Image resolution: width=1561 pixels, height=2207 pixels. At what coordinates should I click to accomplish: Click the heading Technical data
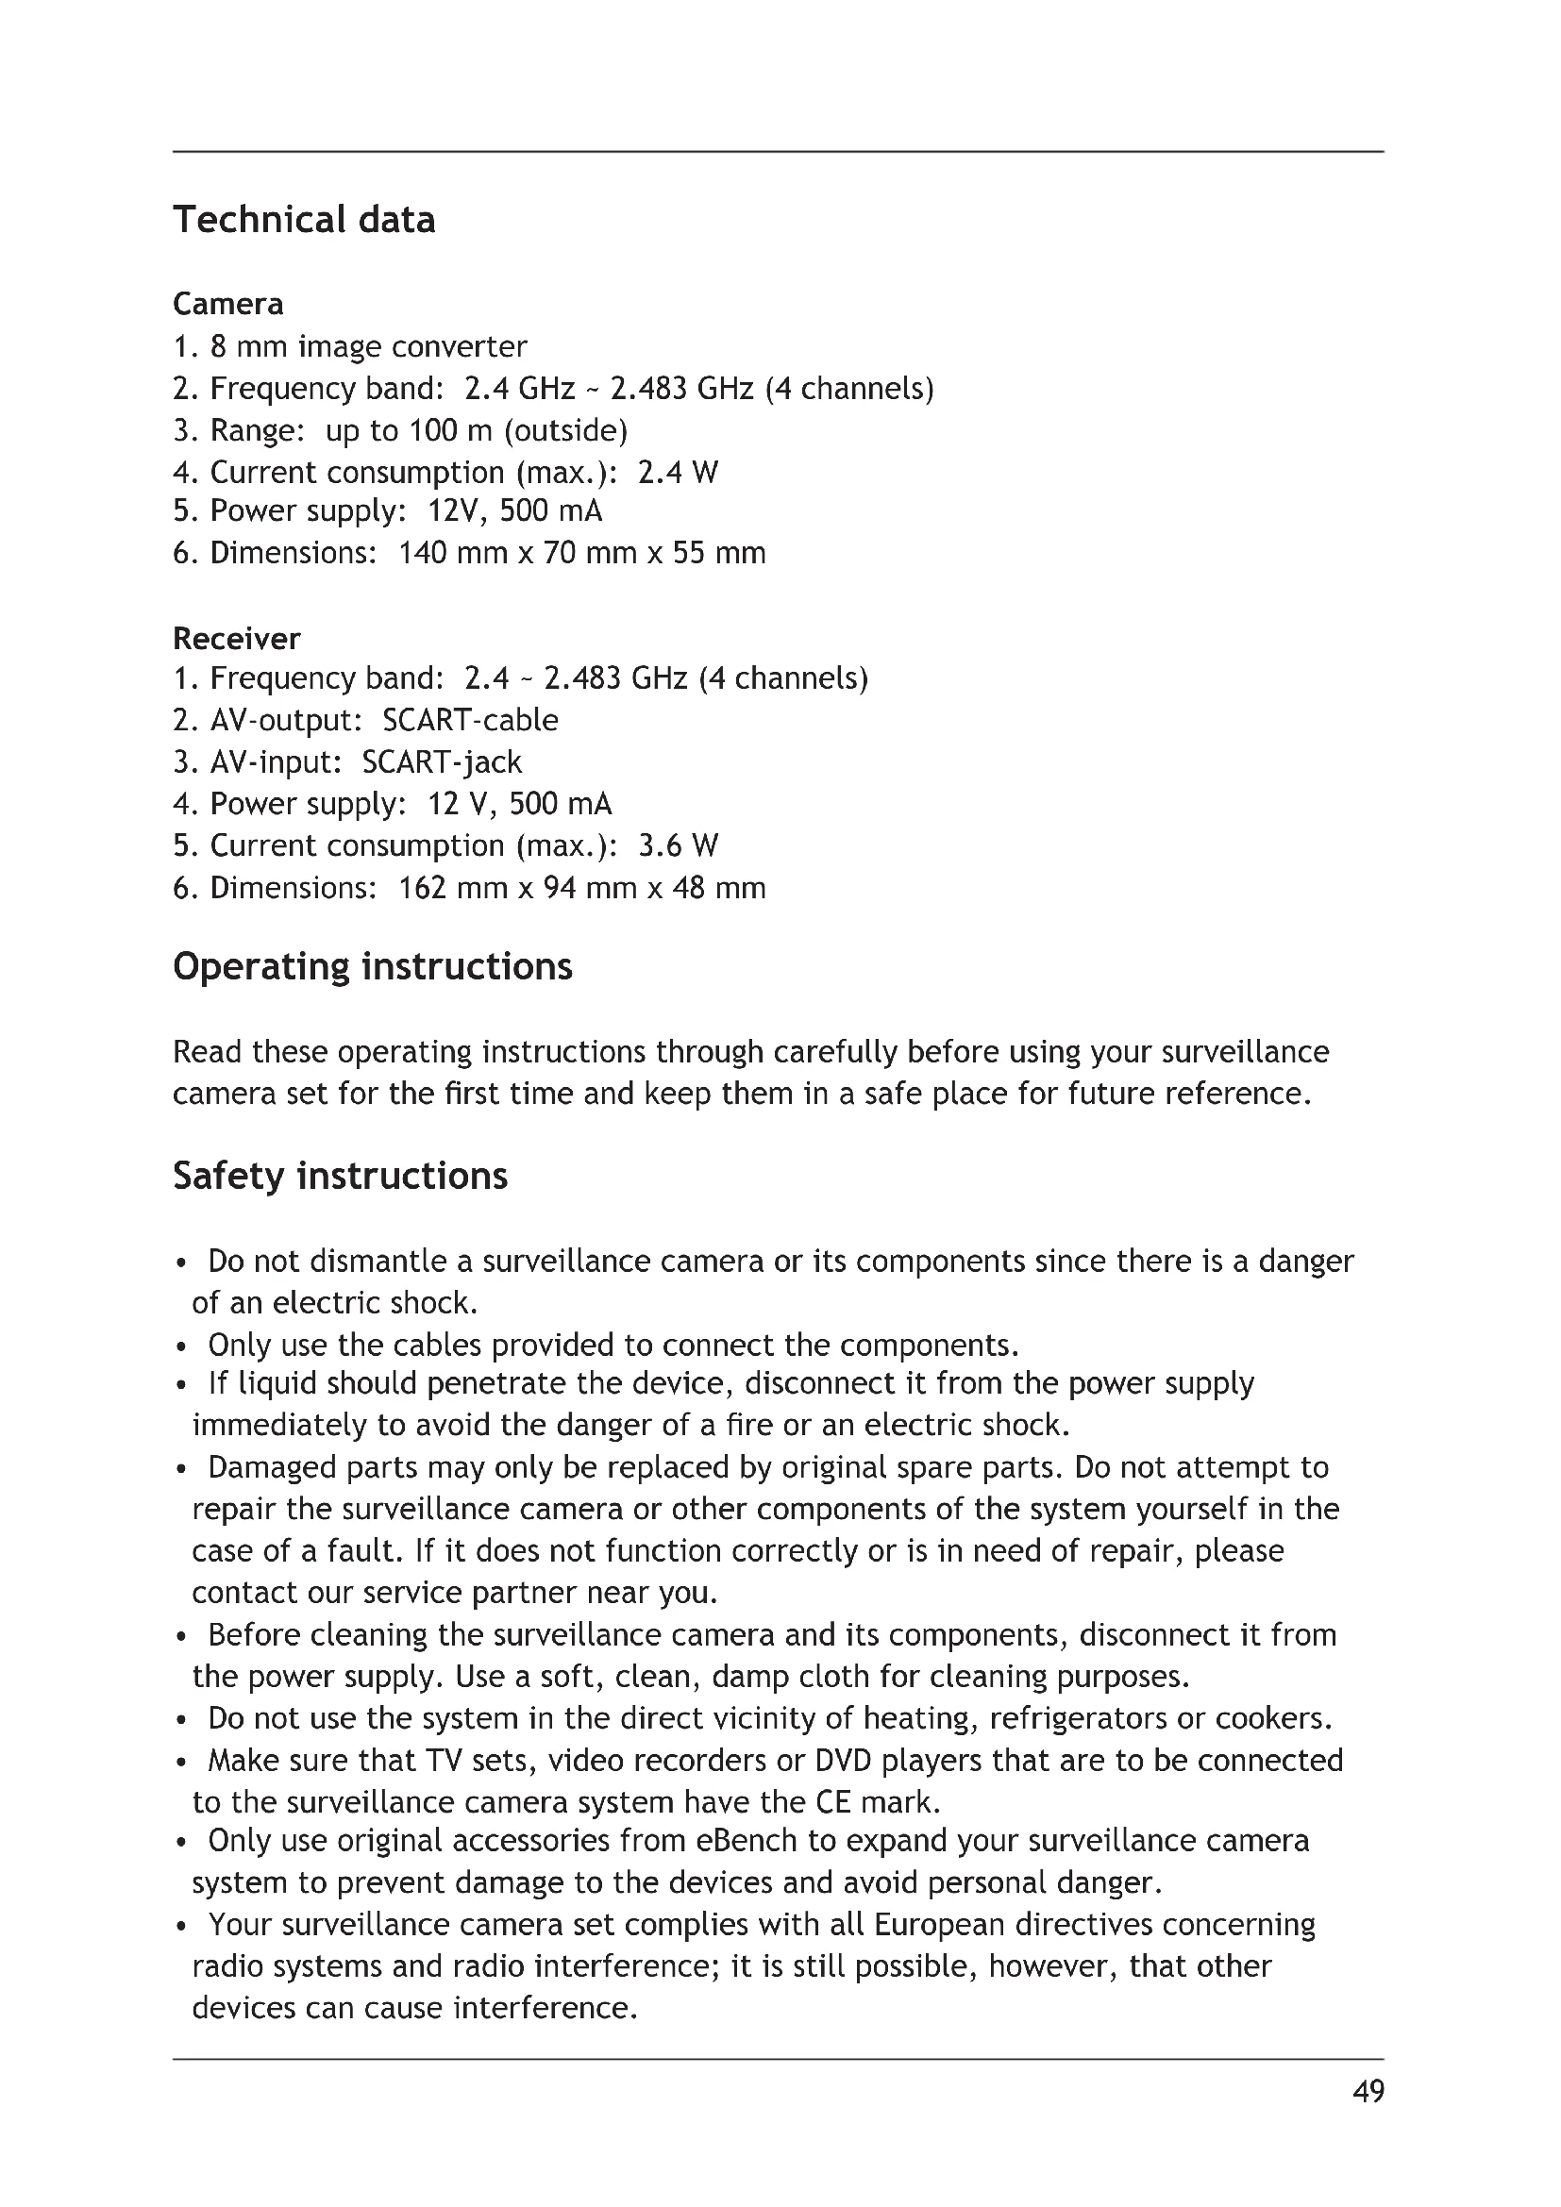click(x=304, y=220)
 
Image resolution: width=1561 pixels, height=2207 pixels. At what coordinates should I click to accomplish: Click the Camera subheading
click(x=227, y=304)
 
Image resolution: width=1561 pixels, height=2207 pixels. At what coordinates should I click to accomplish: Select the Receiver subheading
click(x=237, y=638)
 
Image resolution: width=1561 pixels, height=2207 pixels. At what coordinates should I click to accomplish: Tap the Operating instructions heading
click(x=372, y=966)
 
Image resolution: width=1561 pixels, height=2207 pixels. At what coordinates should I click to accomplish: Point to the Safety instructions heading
click(x=341, y=1176)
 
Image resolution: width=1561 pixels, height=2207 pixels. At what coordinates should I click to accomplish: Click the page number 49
click(x=1368, y=2091)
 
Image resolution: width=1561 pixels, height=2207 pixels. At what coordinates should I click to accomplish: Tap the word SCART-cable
click(x=470, y=720)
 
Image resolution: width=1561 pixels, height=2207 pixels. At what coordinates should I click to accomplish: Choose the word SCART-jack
click(x=442, y=762)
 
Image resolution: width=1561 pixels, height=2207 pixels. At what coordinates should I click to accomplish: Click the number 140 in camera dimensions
click(x=422, y=553)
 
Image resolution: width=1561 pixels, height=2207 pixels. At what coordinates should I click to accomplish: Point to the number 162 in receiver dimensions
click(x=422, y=887)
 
